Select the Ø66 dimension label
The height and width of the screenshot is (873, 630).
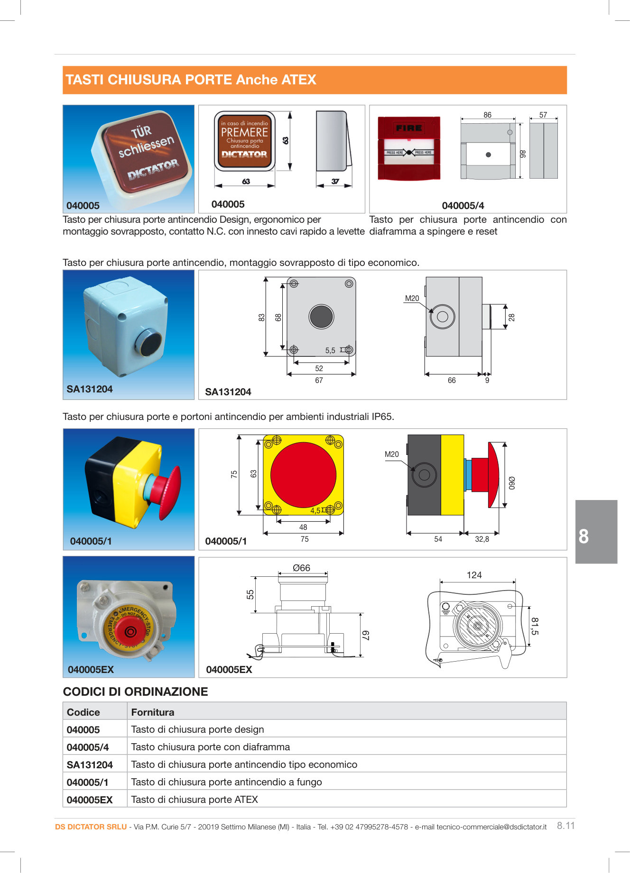(x=301, y=568)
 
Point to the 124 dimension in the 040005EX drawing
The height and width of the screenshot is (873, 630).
(x=474, y=575)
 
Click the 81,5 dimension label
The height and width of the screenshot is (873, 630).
(x=535, y=626)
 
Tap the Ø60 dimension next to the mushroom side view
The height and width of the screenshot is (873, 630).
(x=512, y=483)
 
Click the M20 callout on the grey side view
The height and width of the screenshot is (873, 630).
(x=412, y=299)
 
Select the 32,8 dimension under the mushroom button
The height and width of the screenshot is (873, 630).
(x=482, y=539)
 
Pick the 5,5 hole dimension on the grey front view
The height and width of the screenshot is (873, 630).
(x=330, y=351)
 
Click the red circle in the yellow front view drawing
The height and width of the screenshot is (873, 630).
(x=303, y=475)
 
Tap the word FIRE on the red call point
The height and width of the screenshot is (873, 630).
(x=408, y=128)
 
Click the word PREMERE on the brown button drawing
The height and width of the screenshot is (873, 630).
(x=244, y=132)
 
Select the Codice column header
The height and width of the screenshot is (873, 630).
(x=83, y=712)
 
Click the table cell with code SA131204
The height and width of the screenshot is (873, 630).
(x=90, y=764)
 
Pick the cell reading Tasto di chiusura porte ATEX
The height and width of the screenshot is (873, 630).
(x=195, y=800)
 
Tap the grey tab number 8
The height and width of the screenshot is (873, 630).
(x=584, y=537)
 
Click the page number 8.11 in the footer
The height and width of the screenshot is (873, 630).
(x=565, y=826)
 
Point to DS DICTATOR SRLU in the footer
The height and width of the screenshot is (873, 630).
(x=91, y=827)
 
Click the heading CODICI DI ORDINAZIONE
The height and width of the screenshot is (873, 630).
(x=135, y=691)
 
